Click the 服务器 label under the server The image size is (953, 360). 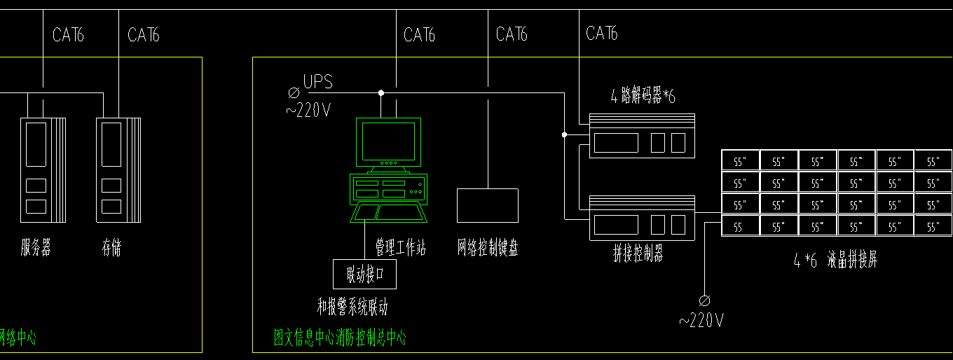[36, 247]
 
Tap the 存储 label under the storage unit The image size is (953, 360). [111, 247]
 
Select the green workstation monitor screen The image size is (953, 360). [388, 141]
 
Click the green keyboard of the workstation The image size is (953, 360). [388, 212]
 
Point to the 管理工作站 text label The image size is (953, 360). [400, 248]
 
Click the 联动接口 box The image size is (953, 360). [364, 274]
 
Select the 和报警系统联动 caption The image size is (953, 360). [352, 307]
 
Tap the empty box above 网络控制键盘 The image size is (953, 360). [488, 205]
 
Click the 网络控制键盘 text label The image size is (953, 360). [488, 248]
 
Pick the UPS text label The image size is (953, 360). [317, 82]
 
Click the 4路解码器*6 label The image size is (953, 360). [643, 97]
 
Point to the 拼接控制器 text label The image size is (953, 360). [638, 255]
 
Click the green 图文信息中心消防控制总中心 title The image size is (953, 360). [340, 338]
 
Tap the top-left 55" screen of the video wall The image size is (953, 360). [740, 161]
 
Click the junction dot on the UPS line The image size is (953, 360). [381, 92]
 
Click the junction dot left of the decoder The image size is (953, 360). [564, 134]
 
